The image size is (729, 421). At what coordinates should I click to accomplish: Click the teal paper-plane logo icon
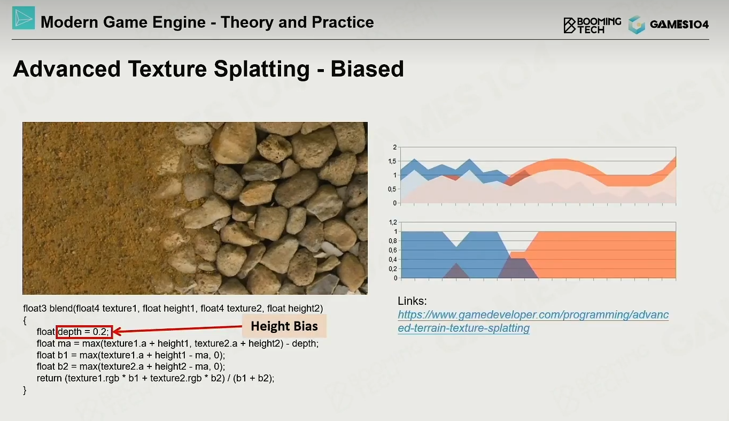click(24, 18)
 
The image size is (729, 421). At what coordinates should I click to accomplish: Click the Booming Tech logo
click(592, 25)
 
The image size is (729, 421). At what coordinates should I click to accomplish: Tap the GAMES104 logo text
click(679, 25)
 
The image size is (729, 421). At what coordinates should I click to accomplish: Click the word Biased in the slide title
click(367, 69)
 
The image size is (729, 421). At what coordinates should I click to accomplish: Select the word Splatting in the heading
click(261, 70)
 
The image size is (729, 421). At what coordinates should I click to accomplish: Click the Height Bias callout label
click(284, 326)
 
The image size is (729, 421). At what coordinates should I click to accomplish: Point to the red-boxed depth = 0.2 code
click(84, 332)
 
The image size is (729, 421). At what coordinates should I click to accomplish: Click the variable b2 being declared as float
click(63, 366)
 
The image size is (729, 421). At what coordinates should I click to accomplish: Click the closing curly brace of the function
click(25, 390)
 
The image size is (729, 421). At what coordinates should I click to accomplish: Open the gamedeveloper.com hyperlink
click(533, 322)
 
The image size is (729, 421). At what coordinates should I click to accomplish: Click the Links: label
click(412, 301)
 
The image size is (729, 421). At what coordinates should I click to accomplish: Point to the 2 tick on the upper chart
click(395, 147)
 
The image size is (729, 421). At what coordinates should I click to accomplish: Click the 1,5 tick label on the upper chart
click(392, 162)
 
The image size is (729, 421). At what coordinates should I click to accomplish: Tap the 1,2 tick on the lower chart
click(393, 222)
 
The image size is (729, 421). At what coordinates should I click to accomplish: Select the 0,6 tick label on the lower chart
click(393, 250)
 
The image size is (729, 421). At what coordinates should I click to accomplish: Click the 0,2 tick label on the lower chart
click(393, 269)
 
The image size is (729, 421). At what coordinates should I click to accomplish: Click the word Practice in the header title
click(343, 22)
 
